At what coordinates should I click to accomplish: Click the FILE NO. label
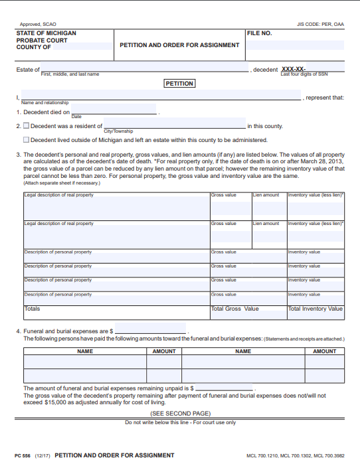click(x=259, y=33)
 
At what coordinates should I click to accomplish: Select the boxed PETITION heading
click(x=179, y=84)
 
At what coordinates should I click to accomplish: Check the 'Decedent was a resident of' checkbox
click(x=27, y=125)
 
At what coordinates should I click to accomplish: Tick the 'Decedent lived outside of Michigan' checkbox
click(x=27, y=140)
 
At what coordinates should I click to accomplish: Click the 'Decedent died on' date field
click(x=114, y=110)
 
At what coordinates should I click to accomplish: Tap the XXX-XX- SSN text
click(x=294, y=69)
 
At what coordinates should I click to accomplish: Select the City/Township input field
click(x=174, y=124)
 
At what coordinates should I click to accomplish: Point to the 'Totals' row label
click(x=33, y=309)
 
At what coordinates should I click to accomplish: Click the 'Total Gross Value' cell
click(x=234, y=309)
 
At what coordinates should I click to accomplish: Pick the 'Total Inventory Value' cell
click(x=315, y=309)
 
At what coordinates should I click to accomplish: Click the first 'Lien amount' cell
click(x=268, y=206)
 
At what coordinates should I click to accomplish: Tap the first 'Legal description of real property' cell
click(x=116, y=206)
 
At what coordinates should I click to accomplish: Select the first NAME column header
click(x=85, y=351)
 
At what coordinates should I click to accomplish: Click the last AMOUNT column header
click(x=324, y=351)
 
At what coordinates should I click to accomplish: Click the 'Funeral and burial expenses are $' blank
click(x=151, y=330)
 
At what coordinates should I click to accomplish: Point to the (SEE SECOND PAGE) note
click(x=179, y=414)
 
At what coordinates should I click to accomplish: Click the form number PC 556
click(x=23, y=455)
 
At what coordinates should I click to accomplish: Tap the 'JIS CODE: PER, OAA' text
click(x=320, y=24)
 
